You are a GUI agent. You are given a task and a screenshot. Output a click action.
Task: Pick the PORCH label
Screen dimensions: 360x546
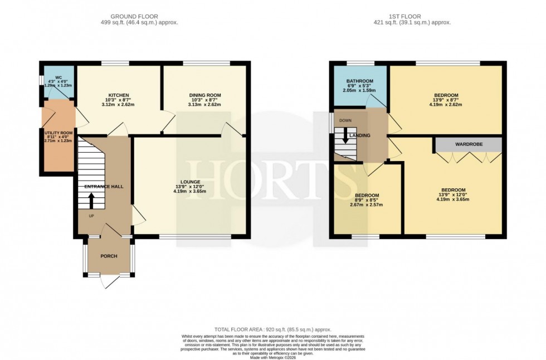click(x=109, y=256)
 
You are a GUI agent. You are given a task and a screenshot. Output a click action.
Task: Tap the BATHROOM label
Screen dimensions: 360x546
click(x=359, y=81)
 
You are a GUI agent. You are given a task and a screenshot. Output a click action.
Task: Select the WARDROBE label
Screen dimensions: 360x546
click(x=469, y=144)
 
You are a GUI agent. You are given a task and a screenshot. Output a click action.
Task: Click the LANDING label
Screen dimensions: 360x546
click(x=360, y=135)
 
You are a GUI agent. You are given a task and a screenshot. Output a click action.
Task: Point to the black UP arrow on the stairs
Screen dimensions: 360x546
click(x=92, y=201)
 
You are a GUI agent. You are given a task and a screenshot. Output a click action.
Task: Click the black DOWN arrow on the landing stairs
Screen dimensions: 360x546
click(x=345, y=137)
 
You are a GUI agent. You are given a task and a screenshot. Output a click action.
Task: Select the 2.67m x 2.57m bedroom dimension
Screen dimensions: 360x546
click(x=367, y=205)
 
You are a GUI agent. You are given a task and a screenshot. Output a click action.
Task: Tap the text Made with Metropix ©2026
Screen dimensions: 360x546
click(x=272, y=357)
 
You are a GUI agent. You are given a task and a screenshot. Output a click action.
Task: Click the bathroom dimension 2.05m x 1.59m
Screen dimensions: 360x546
click(x=359, y=90)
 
